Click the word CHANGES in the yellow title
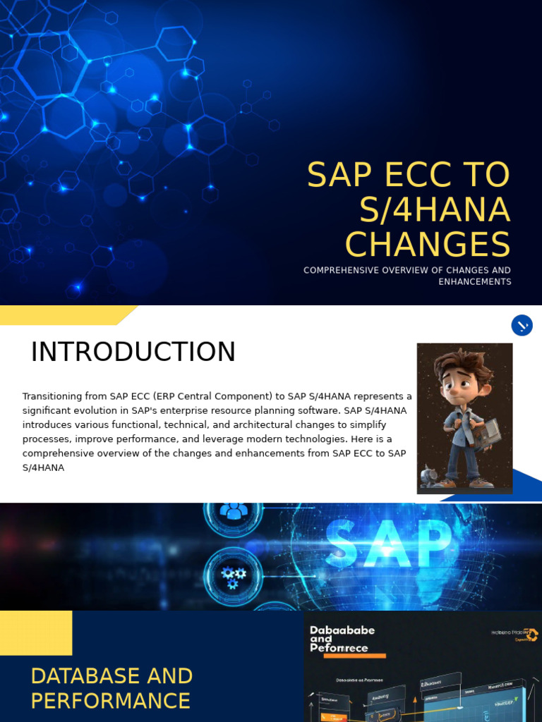coord(428,244)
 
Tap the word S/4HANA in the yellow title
coord(434,209)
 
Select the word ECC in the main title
coord(406,175)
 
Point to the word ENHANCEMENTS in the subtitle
coord(474,282)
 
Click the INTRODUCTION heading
coord(133,352)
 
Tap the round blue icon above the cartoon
coord(522,325)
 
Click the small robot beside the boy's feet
coord(428,476)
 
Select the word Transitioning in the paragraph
coord(51,396)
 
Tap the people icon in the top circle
coord(234,510)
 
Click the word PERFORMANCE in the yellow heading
coord(111,702)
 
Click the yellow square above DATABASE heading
coord(36,632)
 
